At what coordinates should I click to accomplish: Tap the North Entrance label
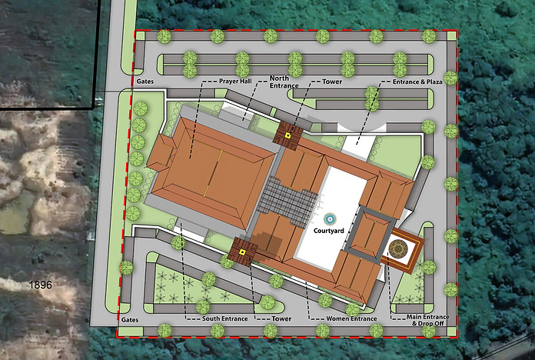pos(284,82)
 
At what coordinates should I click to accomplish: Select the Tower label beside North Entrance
pos(332,81)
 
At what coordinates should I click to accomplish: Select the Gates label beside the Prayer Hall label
pos(146,81)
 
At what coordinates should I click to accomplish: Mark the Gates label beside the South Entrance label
pos(129,318)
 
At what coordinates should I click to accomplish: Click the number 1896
pos(39,285)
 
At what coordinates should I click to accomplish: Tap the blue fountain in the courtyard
pos(330,218)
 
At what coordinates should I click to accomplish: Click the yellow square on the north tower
pos(287,136)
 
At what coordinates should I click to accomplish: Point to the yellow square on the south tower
pos(242,252)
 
